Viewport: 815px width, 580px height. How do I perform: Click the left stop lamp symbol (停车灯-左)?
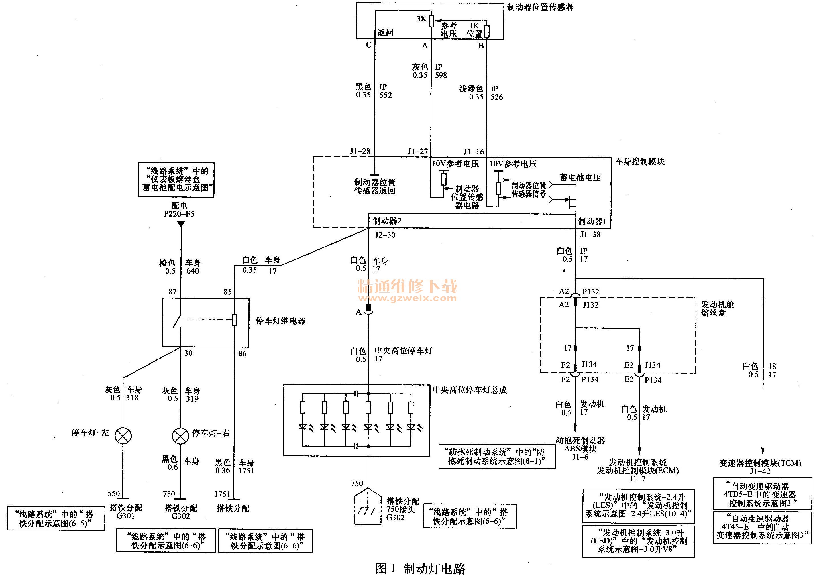tap(123, 436)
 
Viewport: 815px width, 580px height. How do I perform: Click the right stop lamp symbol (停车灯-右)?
tap(180, 436)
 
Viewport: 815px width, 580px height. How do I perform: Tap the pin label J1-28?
tap(360, 151)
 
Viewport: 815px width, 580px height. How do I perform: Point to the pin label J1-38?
tap(590, 235)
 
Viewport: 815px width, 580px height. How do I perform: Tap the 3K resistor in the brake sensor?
tap(431, 21)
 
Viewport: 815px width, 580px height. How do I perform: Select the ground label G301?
tap(125, 516)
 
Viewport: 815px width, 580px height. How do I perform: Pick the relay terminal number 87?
tap(172, 292)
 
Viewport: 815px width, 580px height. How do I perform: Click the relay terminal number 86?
tap(243, 353)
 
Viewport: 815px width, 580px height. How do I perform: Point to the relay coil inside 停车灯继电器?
tap(234, 320)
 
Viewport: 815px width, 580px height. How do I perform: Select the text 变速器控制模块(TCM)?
tap(760, 463)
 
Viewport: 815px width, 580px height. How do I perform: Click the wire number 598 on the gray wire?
tap(441, 75)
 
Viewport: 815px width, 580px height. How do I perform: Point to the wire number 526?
tap(497, 97)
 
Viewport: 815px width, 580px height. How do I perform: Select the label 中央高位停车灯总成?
tap(469, 390)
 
